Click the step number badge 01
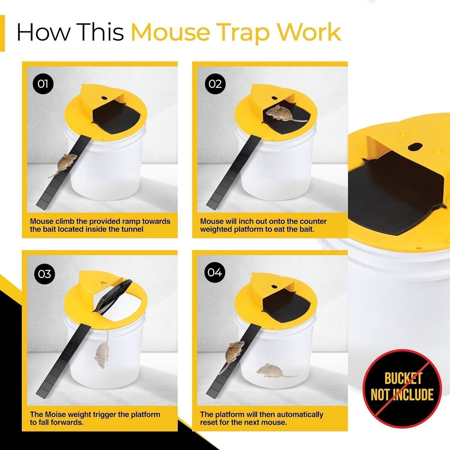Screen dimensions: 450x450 click(x=43, y=84)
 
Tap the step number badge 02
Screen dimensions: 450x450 click(x=215, y=84)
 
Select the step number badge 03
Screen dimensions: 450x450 click(x=44, y=274)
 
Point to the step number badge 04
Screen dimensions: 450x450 click(x=215, y=272)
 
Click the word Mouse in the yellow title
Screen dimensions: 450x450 click(x=170, y=32)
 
